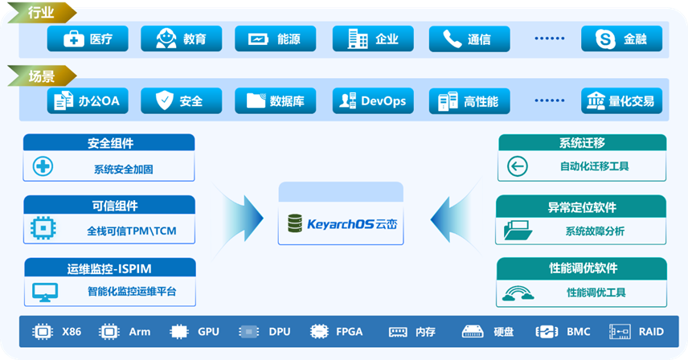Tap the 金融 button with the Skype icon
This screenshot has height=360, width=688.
tap(621, 39)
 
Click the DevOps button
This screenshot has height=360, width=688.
tap(373, 101)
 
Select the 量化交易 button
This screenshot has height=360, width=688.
tap(621, 101)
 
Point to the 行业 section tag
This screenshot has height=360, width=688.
tap(40, 12)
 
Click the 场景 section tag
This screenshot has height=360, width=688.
tap(40, 77)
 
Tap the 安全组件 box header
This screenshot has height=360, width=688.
tap(109, 143)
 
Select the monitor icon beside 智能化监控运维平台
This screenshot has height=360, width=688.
tap(45, 292)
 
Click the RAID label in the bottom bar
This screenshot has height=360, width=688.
tap(651, 331)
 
